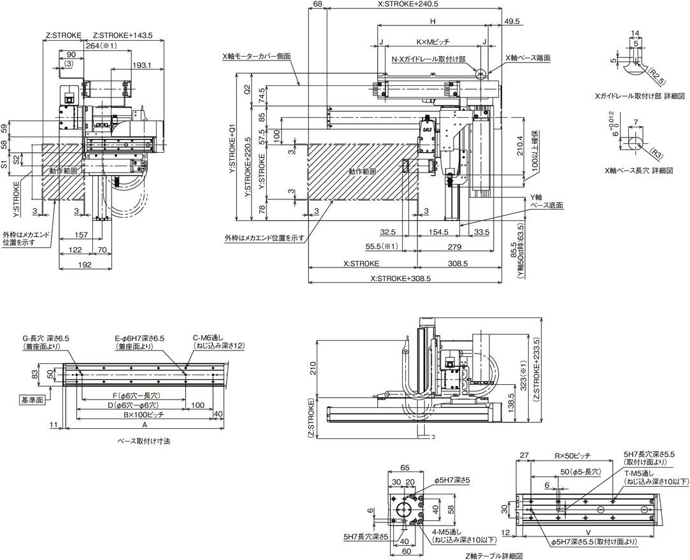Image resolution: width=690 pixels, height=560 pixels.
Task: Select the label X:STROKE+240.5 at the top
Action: (x=408, y=4)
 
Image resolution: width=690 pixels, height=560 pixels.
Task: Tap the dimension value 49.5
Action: (x=512, y=22)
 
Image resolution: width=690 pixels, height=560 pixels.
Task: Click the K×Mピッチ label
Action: (x=433, y=42)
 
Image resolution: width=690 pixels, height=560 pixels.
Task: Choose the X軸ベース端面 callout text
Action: (x=528, y=57)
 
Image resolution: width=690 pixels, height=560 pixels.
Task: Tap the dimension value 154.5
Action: (x=439, y=232)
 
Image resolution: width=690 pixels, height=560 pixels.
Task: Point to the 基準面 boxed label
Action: (x=31, y=399)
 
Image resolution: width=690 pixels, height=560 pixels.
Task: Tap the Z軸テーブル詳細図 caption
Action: (x=494, y=556)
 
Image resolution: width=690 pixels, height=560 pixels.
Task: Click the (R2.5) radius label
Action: (x=656, y=78)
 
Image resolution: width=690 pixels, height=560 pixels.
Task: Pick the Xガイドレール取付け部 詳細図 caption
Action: (x=639, y=96)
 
